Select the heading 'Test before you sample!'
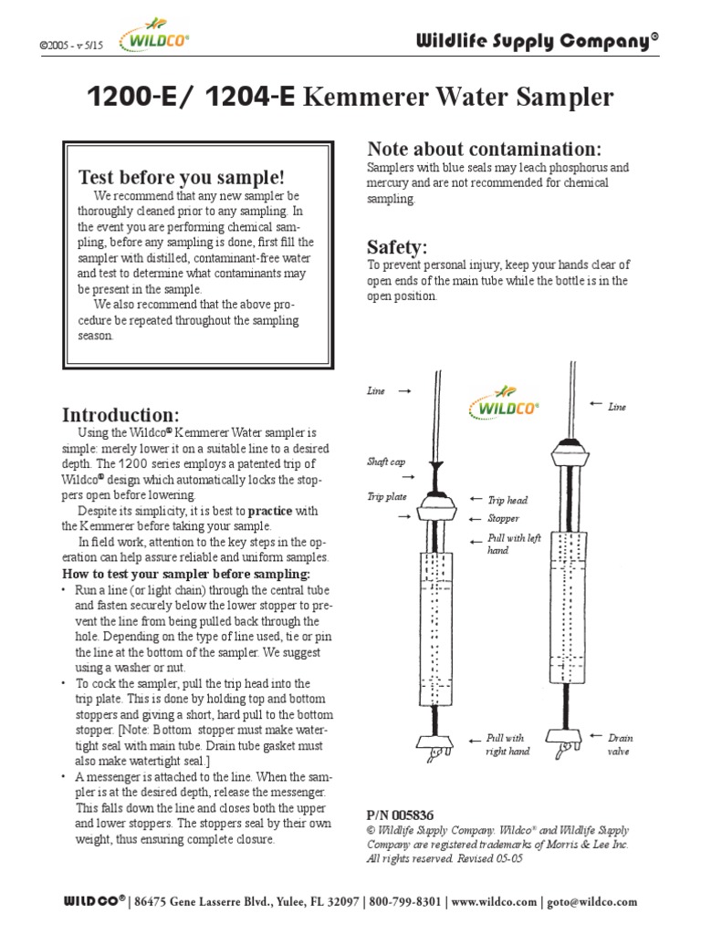tap(182, 176)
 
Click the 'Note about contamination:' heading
tap(484, 149)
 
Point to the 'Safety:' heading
tap(397, 246)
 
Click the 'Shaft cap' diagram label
tap(386, 462)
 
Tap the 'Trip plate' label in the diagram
tap(386, 496)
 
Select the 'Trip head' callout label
tap(507, 500)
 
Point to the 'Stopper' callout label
tap(503, 518)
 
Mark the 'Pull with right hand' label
tap(507, 744)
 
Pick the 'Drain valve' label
tap(622, 744)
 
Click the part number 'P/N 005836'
tap(400, 815)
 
